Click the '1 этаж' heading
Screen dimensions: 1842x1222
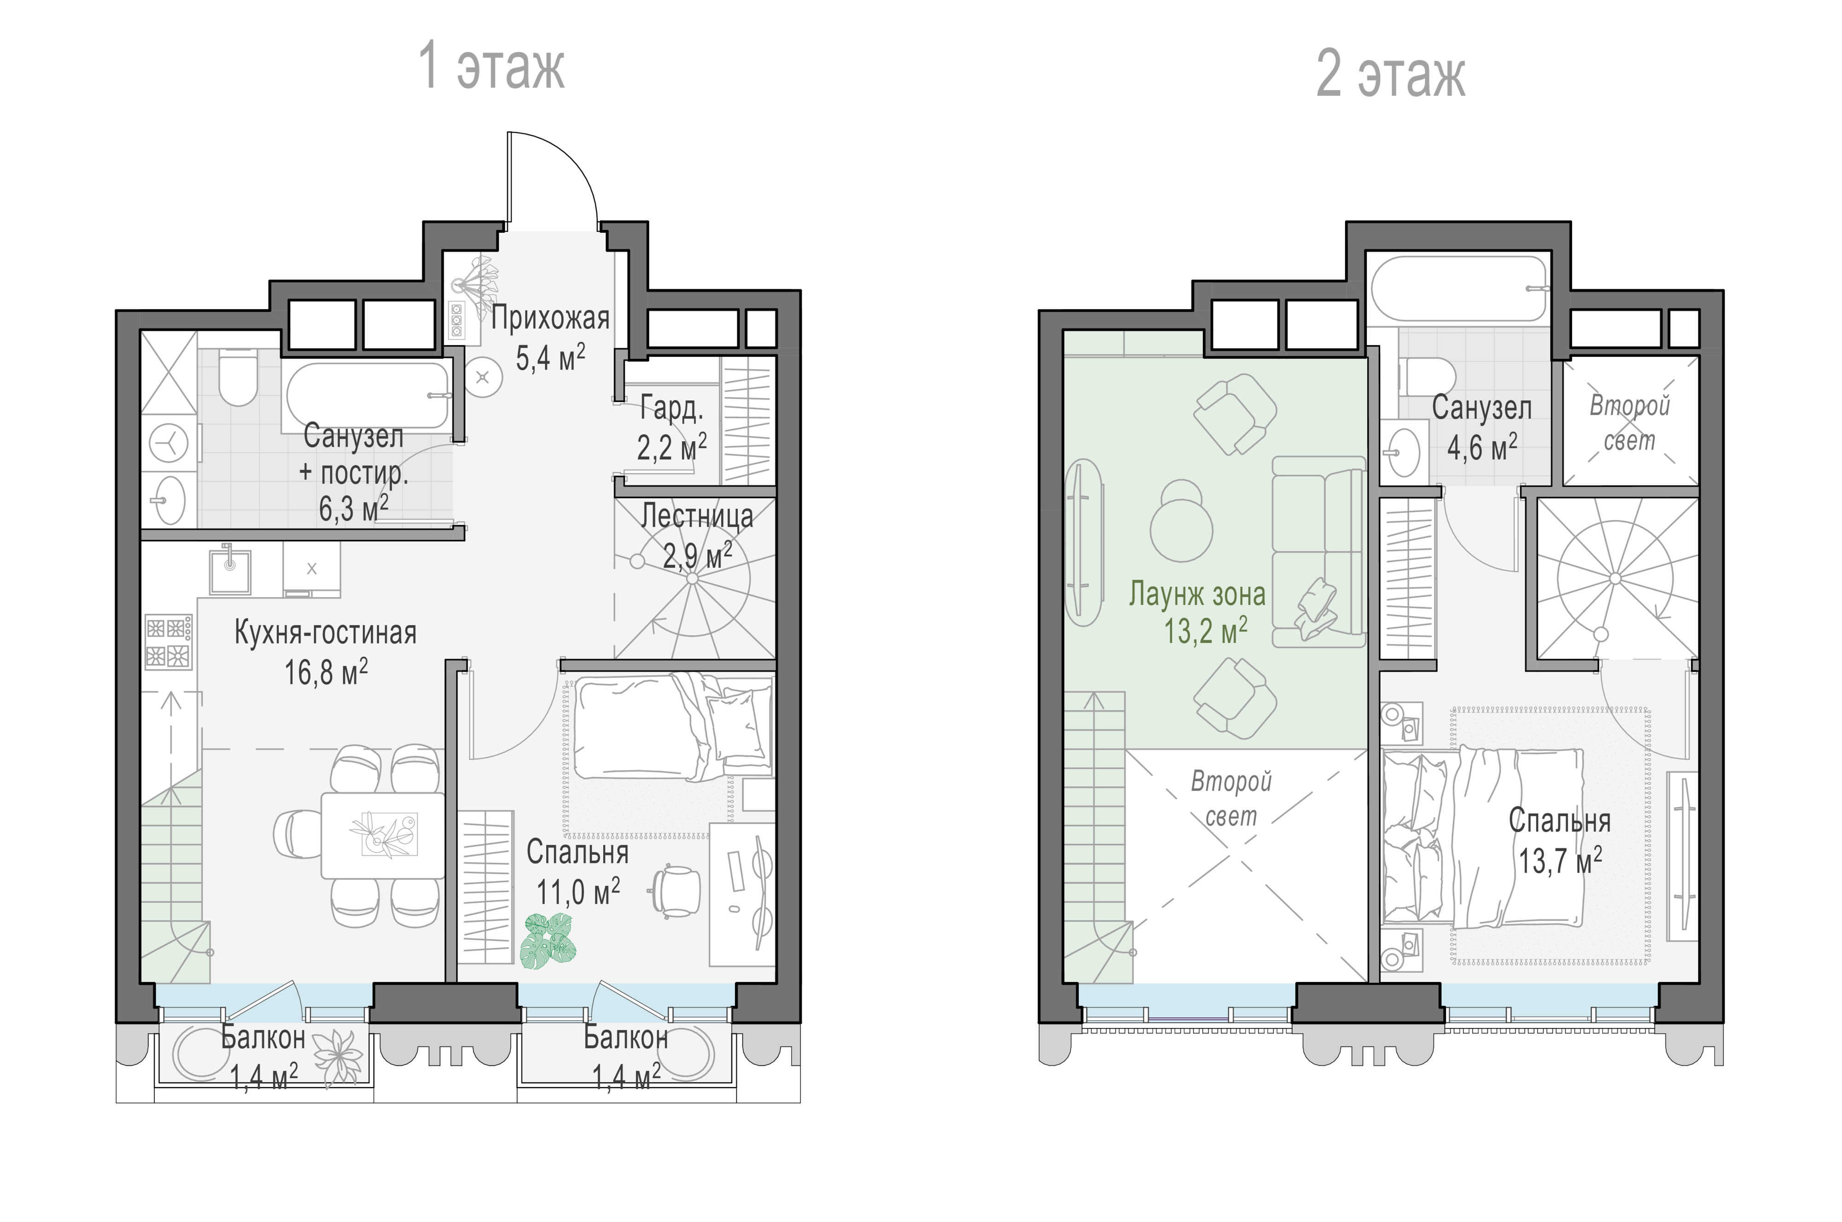pos(491,66)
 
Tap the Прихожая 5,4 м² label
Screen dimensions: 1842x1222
pos(550,338)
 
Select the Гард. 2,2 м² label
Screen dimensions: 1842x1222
pos(672,427)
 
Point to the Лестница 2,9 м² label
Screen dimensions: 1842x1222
pos(697,536)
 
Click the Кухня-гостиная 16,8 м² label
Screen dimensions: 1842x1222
pos(326,651)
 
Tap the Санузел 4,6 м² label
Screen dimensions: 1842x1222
pos(1481,427)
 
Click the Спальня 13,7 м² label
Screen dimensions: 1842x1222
pos(1559,841)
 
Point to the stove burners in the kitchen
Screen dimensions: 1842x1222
pos(168,642)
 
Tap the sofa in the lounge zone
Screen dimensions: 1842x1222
pos(1318,552)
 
